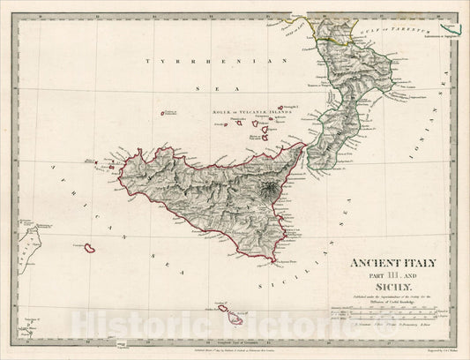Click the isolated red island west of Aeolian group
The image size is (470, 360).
click(x=164, y=112)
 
